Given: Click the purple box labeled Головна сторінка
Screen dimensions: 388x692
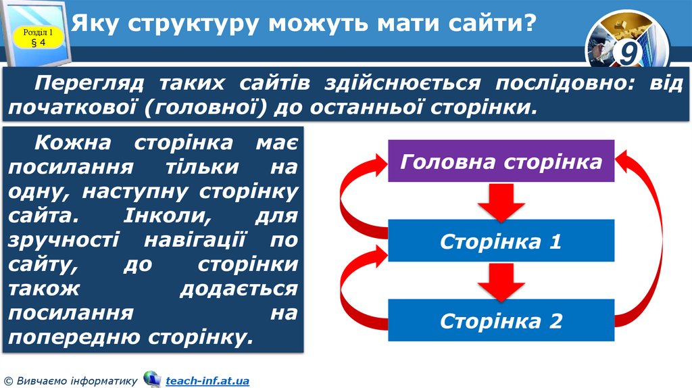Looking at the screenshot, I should (501, 161).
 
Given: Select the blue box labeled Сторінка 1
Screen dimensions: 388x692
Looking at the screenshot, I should (501, 241).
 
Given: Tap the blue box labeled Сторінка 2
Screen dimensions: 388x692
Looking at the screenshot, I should (501, 320).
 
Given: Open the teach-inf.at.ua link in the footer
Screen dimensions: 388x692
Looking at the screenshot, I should (207, 381).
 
